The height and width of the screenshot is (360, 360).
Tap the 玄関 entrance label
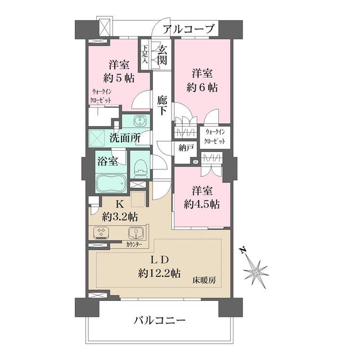click(162, 55)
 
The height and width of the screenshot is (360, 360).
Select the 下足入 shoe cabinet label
click(145, 55)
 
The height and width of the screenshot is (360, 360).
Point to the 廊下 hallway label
click(162, 106)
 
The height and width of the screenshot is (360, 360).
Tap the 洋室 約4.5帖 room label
click(200, 197)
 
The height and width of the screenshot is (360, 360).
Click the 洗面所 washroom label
click(125, 138)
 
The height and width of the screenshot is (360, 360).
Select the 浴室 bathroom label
click(107, 162)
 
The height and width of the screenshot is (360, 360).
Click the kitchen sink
click(136, 234)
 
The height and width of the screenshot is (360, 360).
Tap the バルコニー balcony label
click(159, 321)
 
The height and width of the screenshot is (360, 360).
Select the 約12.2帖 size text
click(160, 274)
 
